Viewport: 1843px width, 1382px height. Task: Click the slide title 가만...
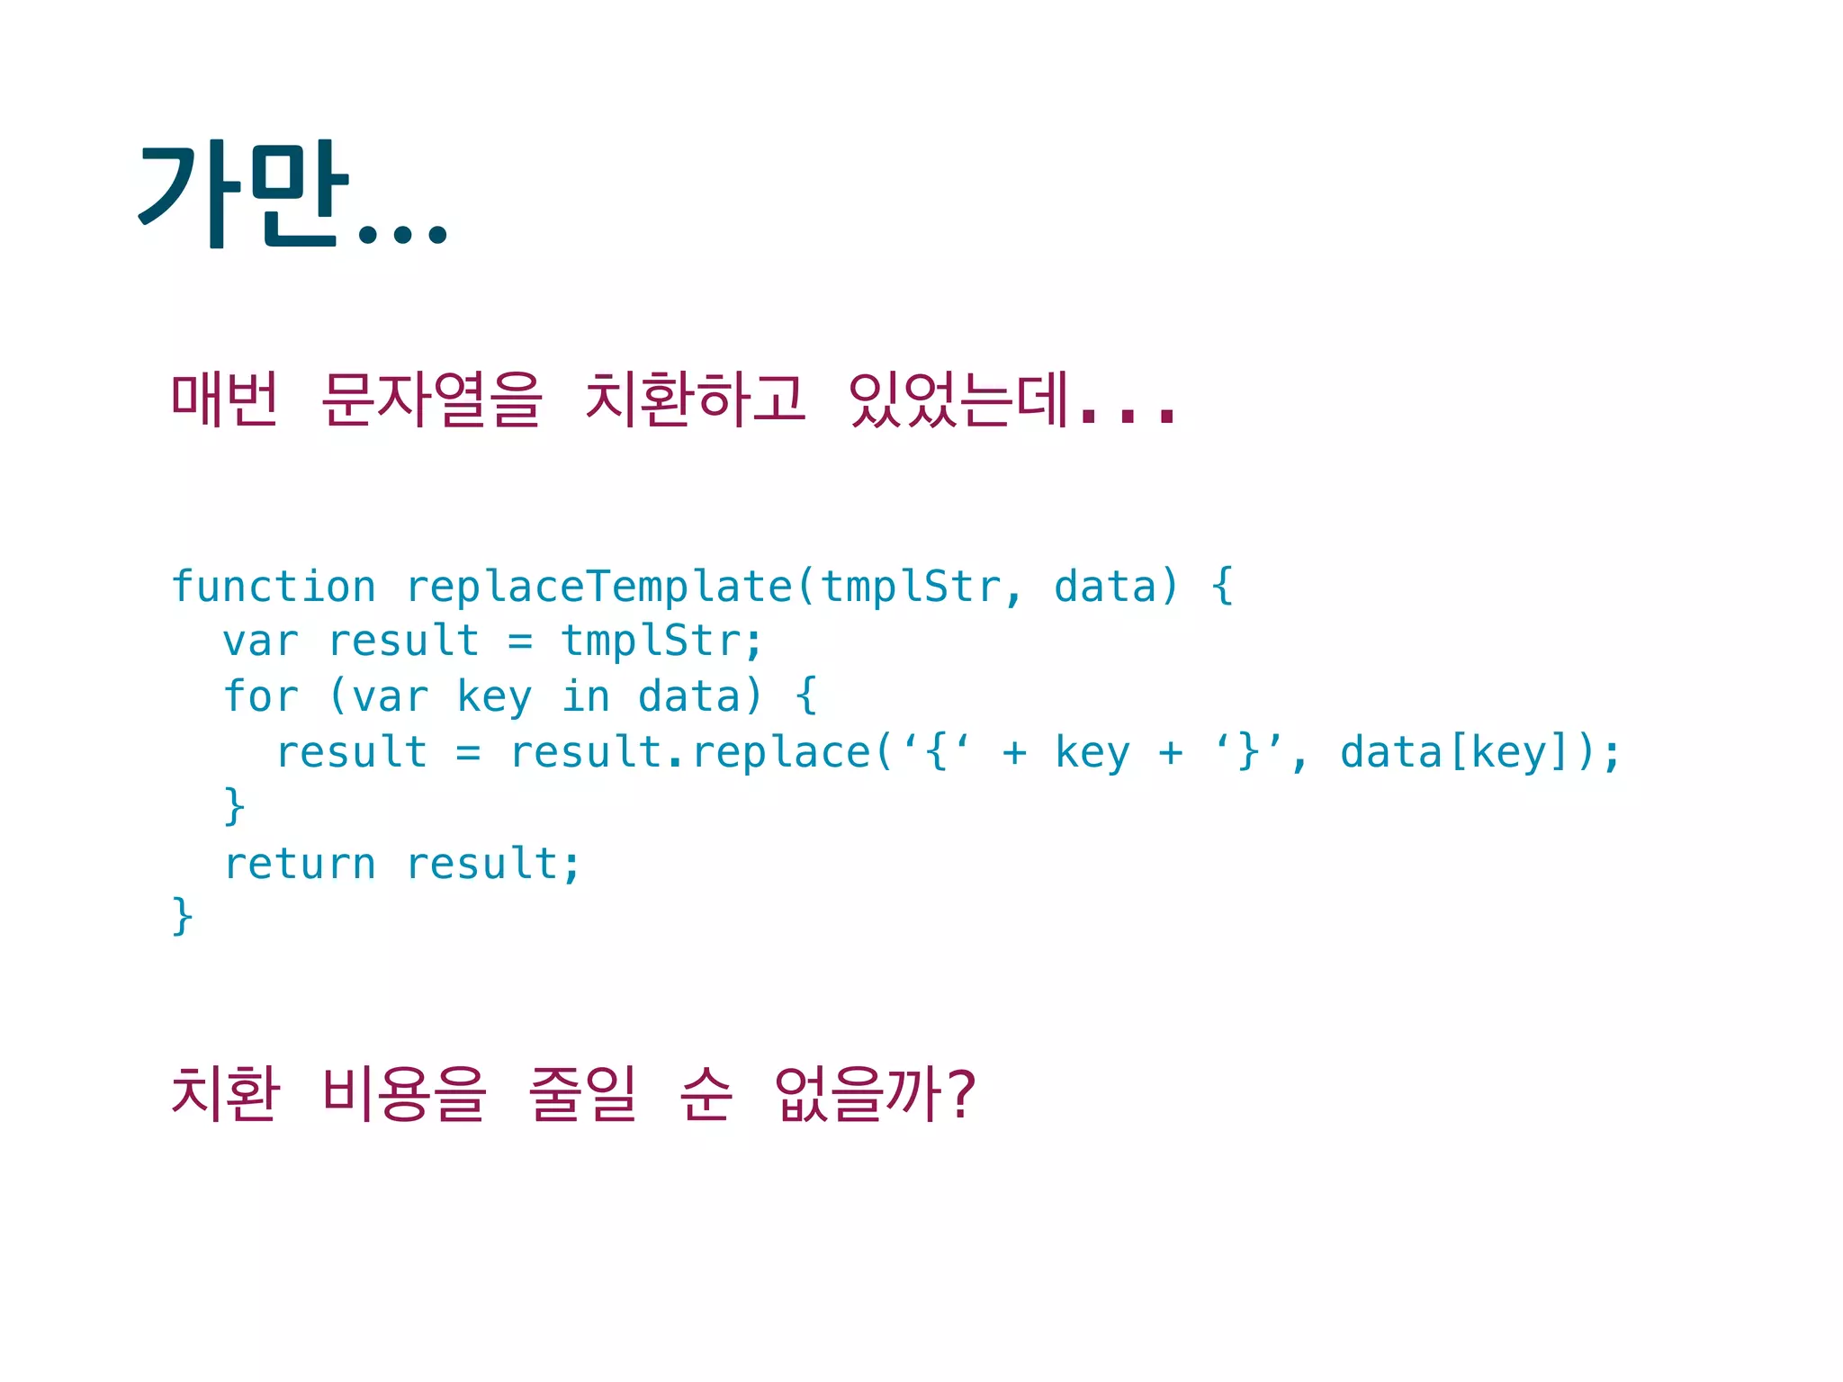point(243,193)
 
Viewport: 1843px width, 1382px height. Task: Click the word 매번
point(225,399)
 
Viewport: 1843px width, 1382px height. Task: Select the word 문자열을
point(432,399)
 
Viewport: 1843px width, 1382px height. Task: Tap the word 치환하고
point(695,399)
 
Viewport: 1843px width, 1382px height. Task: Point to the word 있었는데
point(959,399)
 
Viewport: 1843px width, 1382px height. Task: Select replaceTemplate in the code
point(600,588)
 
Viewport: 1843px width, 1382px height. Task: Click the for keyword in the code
point(260,697)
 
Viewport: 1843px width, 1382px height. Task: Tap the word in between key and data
point(585,697)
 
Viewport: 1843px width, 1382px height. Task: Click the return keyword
point(300,864)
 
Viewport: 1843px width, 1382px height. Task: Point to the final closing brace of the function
point(183,916)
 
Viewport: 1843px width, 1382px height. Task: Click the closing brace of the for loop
point(234,806)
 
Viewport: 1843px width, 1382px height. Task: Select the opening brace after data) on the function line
point(1222,586)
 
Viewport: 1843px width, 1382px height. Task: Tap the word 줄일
point(583,1093)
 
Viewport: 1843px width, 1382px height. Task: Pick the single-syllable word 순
point(706,1093)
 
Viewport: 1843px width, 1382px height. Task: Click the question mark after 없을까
point(961,1095)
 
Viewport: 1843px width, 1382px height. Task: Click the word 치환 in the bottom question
point(225,1093)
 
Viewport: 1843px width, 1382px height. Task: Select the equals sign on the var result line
point(520,642)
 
